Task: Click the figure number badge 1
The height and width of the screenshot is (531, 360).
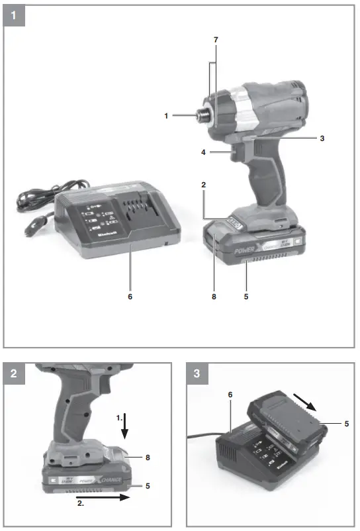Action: tap(14, 14)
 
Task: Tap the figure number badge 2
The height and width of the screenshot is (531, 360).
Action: tap(14, 373)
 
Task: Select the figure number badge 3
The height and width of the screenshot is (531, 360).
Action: tap(198, 373)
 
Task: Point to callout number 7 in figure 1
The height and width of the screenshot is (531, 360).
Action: tap(215, 40)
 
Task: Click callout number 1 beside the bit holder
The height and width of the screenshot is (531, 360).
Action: tap(167, 116)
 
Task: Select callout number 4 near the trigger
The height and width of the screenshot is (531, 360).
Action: tap(205, 152)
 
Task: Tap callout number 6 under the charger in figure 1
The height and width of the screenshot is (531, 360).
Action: tap(130, 297)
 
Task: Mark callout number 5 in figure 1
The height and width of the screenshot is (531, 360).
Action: tap(246, 297)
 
